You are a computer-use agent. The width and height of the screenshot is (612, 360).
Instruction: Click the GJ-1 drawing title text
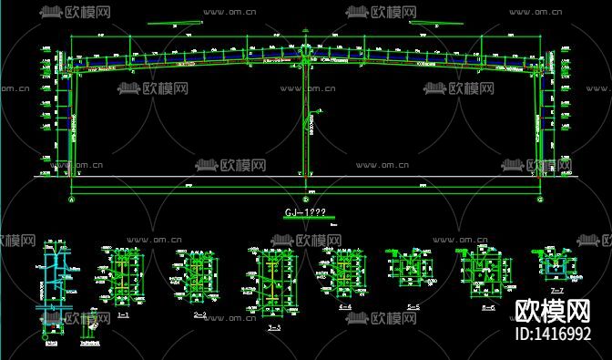[x=306, y=211]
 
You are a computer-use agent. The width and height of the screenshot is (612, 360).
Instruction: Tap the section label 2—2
[x=201, y=314]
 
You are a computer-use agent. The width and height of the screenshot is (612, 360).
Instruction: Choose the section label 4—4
[x=345, y=307]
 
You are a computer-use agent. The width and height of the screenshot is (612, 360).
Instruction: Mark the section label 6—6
[x=488, y=307]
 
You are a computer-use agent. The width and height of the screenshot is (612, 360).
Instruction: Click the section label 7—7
[x=558, y=289]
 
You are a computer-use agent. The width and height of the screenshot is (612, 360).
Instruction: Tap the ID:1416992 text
[x=553, y=334]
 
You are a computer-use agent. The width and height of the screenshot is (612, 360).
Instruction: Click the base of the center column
[x=306, y=173]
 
